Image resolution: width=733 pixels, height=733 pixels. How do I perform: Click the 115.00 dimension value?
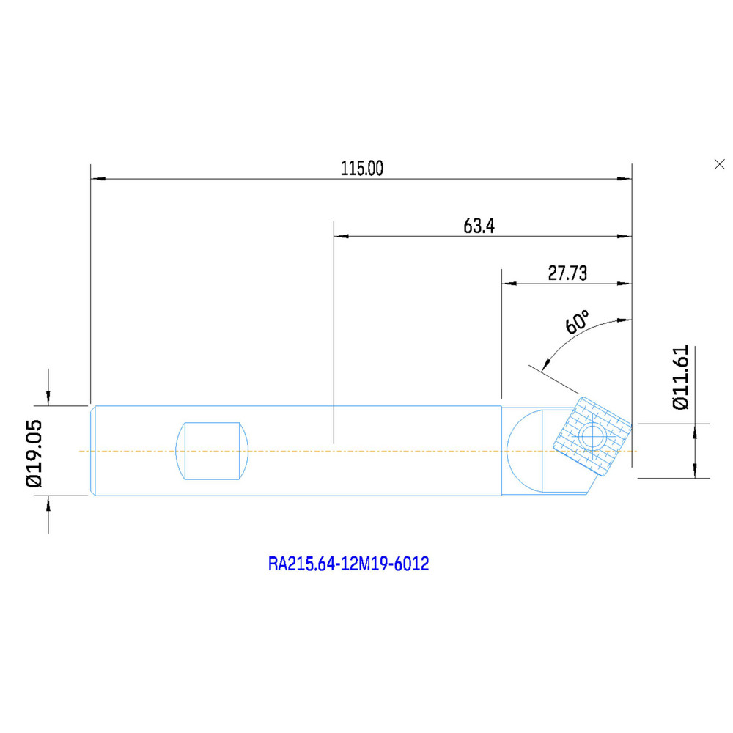point(361,169)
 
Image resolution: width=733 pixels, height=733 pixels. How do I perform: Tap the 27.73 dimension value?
point(567,273)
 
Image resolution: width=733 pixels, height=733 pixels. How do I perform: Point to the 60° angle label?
point(577,323)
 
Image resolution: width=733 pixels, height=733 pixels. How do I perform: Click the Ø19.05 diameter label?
point(34,452)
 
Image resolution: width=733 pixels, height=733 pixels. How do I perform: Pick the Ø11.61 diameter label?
point(681,377)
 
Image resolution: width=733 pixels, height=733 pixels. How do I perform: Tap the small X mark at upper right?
point(719,164)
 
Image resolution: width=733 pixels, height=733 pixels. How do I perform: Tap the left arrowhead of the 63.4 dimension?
point(341,236)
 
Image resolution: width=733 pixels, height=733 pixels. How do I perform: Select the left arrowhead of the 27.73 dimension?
point(509,282)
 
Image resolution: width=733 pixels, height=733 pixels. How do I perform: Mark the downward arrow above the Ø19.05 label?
point(48,397)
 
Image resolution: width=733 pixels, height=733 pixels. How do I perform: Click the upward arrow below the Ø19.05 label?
point(48,505)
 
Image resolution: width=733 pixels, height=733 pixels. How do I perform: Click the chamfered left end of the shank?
point(92,451)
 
